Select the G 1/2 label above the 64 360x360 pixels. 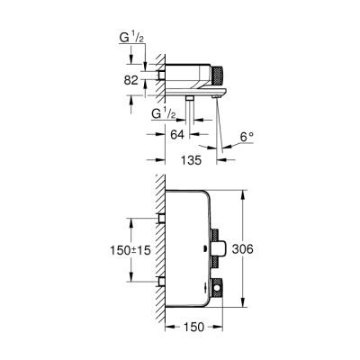(x=165, y=114)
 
